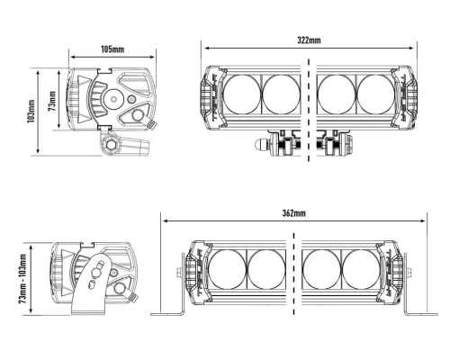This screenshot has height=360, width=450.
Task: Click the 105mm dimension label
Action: tap(112, 49)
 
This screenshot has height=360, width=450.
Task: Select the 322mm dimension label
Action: tap(309, 40)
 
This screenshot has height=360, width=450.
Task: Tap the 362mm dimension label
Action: tap(294, 213)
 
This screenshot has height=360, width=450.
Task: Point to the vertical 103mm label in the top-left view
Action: tap(31, 111)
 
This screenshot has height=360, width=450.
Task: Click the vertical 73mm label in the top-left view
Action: tap(52, 101)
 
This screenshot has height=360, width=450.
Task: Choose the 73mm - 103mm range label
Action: tap(23, 279)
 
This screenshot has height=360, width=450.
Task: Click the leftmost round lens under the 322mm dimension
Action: tap(242, 94)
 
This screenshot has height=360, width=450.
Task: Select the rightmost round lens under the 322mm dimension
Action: tap(376, 94)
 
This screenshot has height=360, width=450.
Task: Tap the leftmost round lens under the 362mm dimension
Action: tap(227, 269)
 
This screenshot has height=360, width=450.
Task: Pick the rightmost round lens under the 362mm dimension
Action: tap(361, 269)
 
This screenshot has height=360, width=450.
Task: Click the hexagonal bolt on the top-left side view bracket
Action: tap(110, 145)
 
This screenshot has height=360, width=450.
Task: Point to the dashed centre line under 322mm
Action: tap(309, 110)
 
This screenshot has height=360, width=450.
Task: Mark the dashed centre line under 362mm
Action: tap(293, 274)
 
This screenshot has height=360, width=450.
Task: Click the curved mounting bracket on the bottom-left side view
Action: tap(90, 288)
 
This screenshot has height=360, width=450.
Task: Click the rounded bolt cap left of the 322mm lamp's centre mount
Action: tap(261, 145)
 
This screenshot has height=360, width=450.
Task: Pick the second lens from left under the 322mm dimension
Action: tap(281, 94)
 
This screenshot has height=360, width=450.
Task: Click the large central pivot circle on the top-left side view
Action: tap(113, 99)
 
